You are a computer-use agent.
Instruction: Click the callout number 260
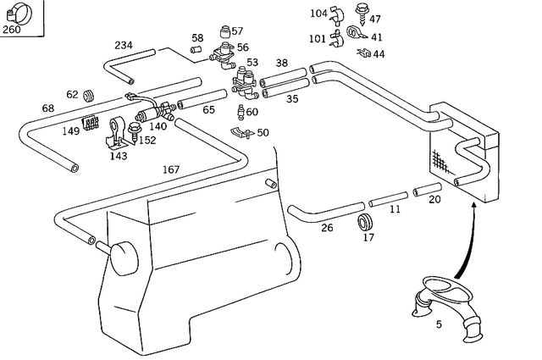click(12, 30)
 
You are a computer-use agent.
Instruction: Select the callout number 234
click(124, 45)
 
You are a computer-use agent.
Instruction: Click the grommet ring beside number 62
click(91, 93)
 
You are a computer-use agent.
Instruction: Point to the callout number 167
click(171, 169)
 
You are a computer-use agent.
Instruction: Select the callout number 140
click(158, 126)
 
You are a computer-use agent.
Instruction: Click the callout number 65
click(208, 109)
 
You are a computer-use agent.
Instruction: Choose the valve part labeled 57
click(224, 31)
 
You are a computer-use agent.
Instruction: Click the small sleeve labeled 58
click(196, 50)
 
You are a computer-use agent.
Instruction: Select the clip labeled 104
click(335, 14)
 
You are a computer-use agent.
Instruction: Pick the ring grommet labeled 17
click(367, 223)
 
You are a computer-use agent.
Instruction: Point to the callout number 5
click(439, 324)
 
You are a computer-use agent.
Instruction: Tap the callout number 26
click(326, 227)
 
